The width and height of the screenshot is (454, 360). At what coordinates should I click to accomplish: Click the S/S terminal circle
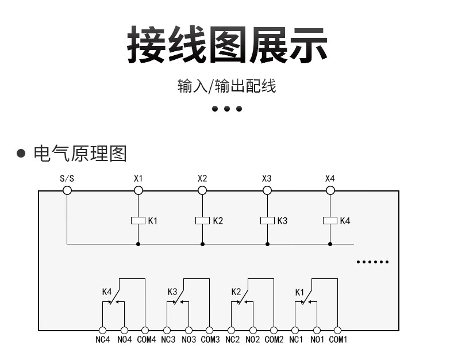tap(67, 190)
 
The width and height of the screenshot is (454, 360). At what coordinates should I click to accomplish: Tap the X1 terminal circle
tap(138, 190)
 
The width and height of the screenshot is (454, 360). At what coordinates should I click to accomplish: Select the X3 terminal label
tap(267, 178)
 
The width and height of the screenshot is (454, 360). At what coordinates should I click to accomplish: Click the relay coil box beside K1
tap(138, 220)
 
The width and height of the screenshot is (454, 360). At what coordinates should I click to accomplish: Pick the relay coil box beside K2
tap(202, 220)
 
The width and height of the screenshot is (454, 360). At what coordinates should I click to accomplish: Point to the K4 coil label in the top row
tap(345, 220)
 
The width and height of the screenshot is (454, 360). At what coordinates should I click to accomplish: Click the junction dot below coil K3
tap(267, 244)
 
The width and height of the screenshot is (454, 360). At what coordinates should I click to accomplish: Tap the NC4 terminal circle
tap(103, 330)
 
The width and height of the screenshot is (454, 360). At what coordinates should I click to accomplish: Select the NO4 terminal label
tap(124, 340)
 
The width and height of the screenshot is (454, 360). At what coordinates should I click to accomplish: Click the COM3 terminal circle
tap(209, 330)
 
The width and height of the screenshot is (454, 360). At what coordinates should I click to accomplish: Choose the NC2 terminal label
tap(232, 340)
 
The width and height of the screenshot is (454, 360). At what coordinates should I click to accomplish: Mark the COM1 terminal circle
tap(337, 330)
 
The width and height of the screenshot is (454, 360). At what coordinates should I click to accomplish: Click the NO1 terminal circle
tap(316, 330)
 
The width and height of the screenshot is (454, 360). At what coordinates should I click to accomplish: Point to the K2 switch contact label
tap(236, 292)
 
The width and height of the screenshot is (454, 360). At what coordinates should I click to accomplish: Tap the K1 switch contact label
tap(299, 292)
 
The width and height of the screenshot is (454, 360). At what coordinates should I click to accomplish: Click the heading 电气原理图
tap(80, 154)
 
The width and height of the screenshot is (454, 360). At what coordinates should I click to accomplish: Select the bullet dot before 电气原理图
tap(21, 154)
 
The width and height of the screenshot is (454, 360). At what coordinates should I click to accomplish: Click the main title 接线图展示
tap(227, 44)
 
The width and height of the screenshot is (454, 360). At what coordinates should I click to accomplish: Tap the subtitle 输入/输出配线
tap(227, 86)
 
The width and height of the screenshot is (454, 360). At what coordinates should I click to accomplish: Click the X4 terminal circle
tap(330, 190)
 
